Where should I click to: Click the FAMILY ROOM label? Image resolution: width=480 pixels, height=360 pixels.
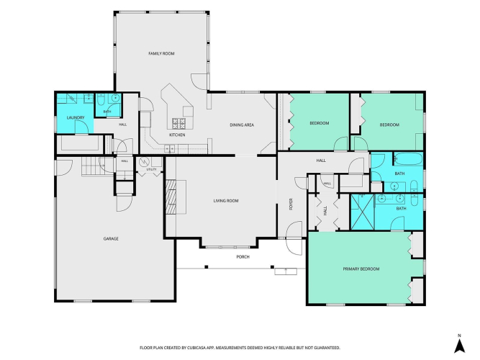tap(161, 53)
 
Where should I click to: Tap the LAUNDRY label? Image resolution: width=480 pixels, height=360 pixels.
tap(76, 117)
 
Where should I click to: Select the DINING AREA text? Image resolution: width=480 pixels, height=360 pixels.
tap(242, 125)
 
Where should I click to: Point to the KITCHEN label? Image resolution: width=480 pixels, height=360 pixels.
tap(177, 135)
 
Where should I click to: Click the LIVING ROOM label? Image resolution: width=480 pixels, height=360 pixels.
tap(226, 201)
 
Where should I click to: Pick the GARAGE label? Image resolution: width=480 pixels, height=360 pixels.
tap(111, 238)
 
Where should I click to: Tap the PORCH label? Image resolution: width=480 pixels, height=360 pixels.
tap(243, 257)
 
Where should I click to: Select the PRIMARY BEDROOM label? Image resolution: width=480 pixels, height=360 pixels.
tap(361, 269)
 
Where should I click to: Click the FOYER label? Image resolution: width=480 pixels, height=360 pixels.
tap(291, 204)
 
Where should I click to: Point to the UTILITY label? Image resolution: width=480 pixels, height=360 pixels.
tap(151, 169)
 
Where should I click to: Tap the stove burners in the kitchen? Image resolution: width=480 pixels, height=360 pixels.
tap(178, 123)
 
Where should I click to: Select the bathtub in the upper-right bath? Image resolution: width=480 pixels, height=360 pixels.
tap(408, 159)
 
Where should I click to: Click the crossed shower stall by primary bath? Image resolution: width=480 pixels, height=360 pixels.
tap(363, 212)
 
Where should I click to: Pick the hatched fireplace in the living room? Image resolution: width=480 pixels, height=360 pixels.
tap(171, 197)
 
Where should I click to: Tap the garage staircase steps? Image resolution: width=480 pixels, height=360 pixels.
tap(94, 166)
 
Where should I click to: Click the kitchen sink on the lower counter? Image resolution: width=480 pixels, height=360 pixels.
tap(169, 149)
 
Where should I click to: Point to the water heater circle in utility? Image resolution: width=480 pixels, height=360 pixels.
tap(144, 161)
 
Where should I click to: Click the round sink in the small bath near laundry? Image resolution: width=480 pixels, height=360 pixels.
tap(115, 99)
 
